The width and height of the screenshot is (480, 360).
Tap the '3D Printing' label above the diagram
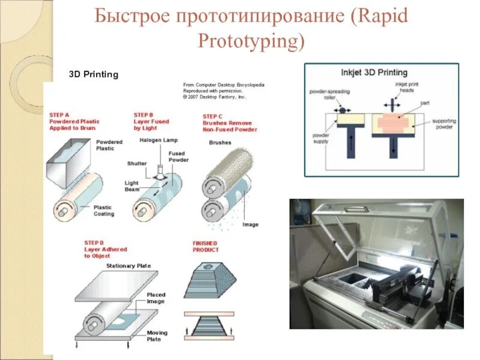[94, 74]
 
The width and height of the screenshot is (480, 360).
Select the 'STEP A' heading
[59, 113]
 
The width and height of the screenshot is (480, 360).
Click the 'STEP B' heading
[143, 113]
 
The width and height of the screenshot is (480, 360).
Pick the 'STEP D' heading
[94, 242]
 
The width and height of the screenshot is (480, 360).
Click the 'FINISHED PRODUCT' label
[206, 246]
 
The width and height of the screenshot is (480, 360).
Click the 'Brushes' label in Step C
[220, 143]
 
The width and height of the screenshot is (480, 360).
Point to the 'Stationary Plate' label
[128, 266]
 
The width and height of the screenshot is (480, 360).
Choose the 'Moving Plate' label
[157, 336]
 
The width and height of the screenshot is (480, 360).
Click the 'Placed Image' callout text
[156, 298]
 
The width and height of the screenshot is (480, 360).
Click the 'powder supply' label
[320, 139]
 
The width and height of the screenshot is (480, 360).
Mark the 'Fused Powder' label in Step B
[179, 157]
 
